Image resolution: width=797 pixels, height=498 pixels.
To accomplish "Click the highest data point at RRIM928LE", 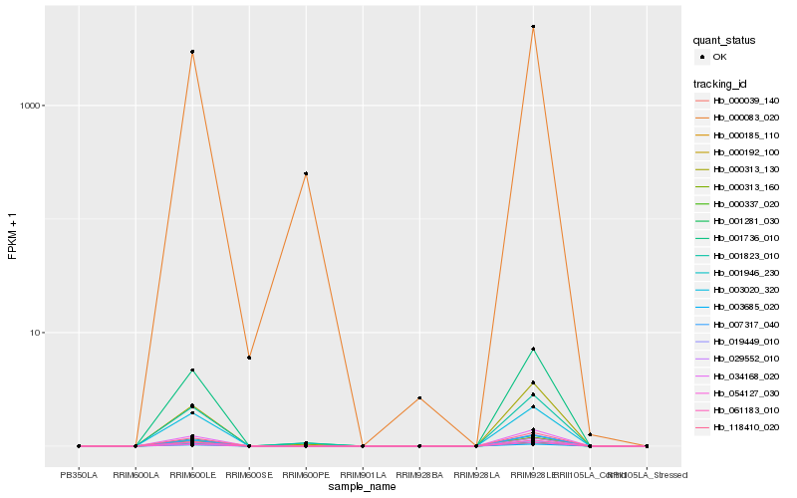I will [533, 27].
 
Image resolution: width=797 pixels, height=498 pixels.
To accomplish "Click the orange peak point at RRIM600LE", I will [192, 52].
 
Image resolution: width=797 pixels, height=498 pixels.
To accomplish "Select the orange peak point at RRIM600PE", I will [306, 173].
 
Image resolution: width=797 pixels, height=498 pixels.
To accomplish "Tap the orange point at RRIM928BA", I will [419, 397].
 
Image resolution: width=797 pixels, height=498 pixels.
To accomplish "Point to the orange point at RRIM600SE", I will [249, 358].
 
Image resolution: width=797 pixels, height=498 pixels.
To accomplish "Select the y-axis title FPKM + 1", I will [13, 236].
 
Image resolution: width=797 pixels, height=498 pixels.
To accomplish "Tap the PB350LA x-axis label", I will [79, 475].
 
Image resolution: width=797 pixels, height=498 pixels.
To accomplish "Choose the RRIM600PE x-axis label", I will [306, 475].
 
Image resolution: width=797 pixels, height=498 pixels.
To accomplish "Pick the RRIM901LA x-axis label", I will [363, 475].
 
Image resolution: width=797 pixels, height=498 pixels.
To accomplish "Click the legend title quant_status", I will [724, 40].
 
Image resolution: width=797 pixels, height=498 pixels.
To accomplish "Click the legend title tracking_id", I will [721, 84].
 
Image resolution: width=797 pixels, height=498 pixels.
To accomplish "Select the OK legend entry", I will [719, 57].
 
